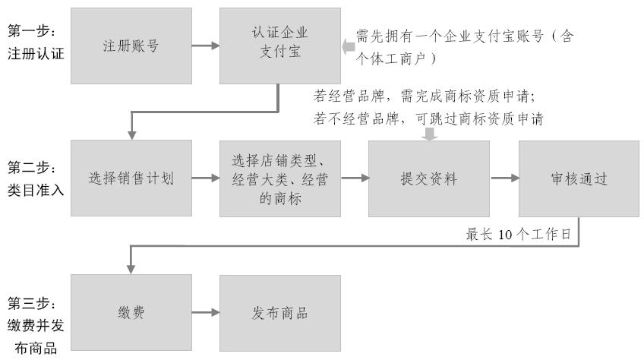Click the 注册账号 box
[131, 46]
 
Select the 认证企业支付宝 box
[280, 46]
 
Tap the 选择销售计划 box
[131, 179]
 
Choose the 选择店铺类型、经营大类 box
[280, 179]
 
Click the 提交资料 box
[429, 179]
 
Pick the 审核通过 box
[579, 179]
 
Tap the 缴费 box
[131, 313]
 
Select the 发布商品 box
[280, 313]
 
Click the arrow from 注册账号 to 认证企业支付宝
[206, 46]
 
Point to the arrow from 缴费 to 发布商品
[206, 313]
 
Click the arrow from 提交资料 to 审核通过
[505, 179]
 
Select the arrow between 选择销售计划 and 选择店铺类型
[206, 179]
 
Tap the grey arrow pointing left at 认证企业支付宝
[349, 48]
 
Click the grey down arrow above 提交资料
[430, 134]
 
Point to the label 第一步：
[32, 30]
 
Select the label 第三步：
[32, 303]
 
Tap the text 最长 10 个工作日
[519, 234]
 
